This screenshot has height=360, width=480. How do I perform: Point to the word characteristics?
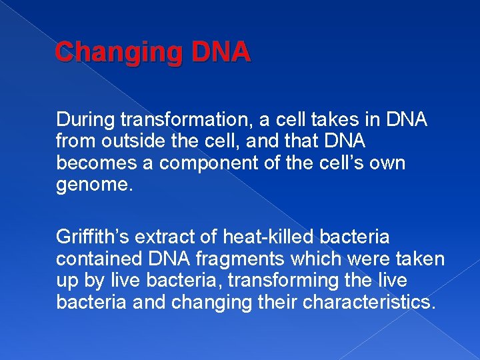point(369,302)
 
